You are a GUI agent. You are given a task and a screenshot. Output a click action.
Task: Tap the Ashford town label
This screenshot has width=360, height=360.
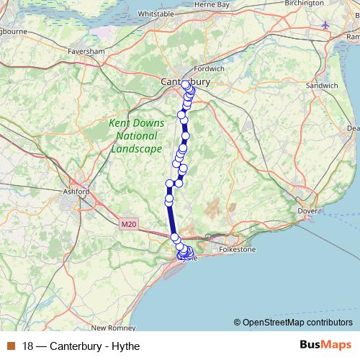76,192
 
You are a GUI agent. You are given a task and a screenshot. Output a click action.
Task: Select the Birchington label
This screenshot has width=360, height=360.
304,4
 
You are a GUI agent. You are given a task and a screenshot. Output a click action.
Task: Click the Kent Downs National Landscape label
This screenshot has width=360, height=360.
136,136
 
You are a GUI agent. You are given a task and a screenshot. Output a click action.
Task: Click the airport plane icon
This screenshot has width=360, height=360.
325,24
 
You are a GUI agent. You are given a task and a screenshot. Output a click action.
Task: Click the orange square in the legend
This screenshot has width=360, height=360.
10,346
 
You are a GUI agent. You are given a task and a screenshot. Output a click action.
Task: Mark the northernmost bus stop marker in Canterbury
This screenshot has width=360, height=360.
186,85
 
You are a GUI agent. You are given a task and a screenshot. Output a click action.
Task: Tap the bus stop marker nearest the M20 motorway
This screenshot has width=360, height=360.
174,237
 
